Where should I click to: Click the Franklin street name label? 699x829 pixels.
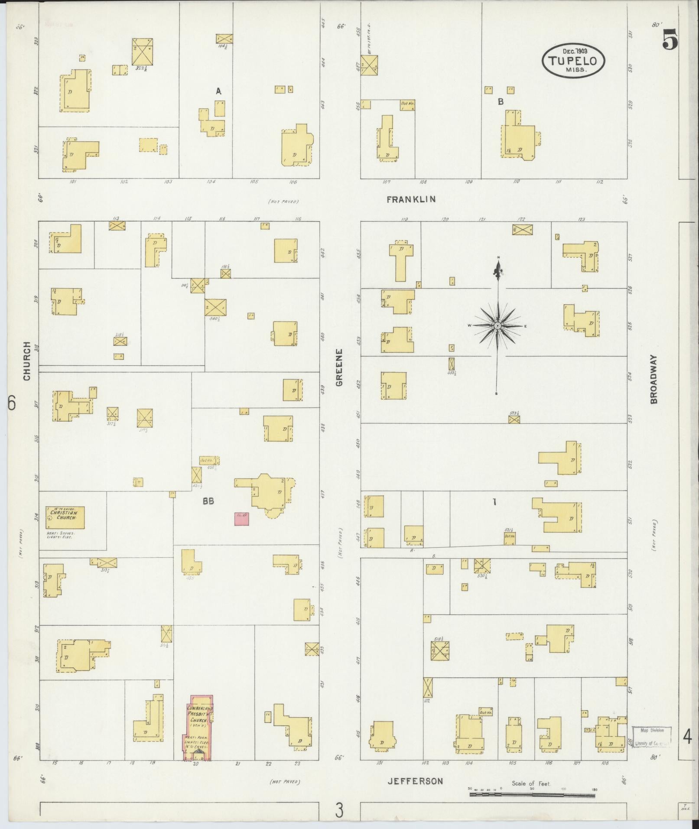coord(411,199)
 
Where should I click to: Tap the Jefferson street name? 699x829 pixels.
coord(415,781)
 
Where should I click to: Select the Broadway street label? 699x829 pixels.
coord(653,380)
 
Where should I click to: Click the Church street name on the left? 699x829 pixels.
coord(27,361)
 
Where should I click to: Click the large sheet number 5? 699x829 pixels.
coord(670,42)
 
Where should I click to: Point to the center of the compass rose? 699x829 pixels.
coord(498,325)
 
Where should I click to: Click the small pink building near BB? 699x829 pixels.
coord(242,519)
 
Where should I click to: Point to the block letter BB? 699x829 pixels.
coord(208,501)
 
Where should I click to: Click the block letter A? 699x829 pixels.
coord(219,91)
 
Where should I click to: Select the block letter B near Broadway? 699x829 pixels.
coord(501,102)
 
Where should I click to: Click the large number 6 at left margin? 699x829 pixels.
coord(11,403)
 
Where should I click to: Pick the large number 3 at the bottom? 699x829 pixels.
coord(339,810)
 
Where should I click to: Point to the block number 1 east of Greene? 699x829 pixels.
coord(494,502)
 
